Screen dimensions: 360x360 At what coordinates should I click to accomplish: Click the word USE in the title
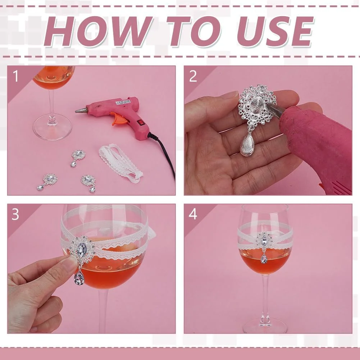pos(275,31)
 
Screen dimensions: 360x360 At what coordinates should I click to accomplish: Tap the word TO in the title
pos(194,31)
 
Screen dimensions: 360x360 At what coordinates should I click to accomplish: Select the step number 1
pos(15,76)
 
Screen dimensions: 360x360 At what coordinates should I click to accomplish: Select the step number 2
pos(193,76)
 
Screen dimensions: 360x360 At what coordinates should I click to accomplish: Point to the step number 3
pos(15,214)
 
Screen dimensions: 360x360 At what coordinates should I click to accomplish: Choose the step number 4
pos(193,214)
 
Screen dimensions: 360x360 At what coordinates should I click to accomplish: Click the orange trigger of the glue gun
pos(118,118)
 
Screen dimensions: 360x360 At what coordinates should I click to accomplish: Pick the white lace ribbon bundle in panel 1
pos(121,163)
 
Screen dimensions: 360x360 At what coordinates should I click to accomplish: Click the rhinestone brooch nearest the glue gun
pos(78,158)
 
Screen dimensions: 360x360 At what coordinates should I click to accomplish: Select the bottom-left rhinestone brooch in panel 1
pos(47,182)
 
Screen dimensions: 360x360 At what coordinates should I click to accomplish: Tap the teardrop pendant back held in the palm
pos(246,145)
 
